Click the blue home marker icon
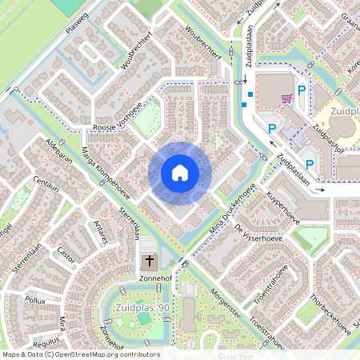[180, 173]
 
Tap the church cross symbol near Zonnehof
[149, 261]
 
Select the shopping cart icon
[286, 99]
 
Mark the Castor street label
[66, 255]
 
